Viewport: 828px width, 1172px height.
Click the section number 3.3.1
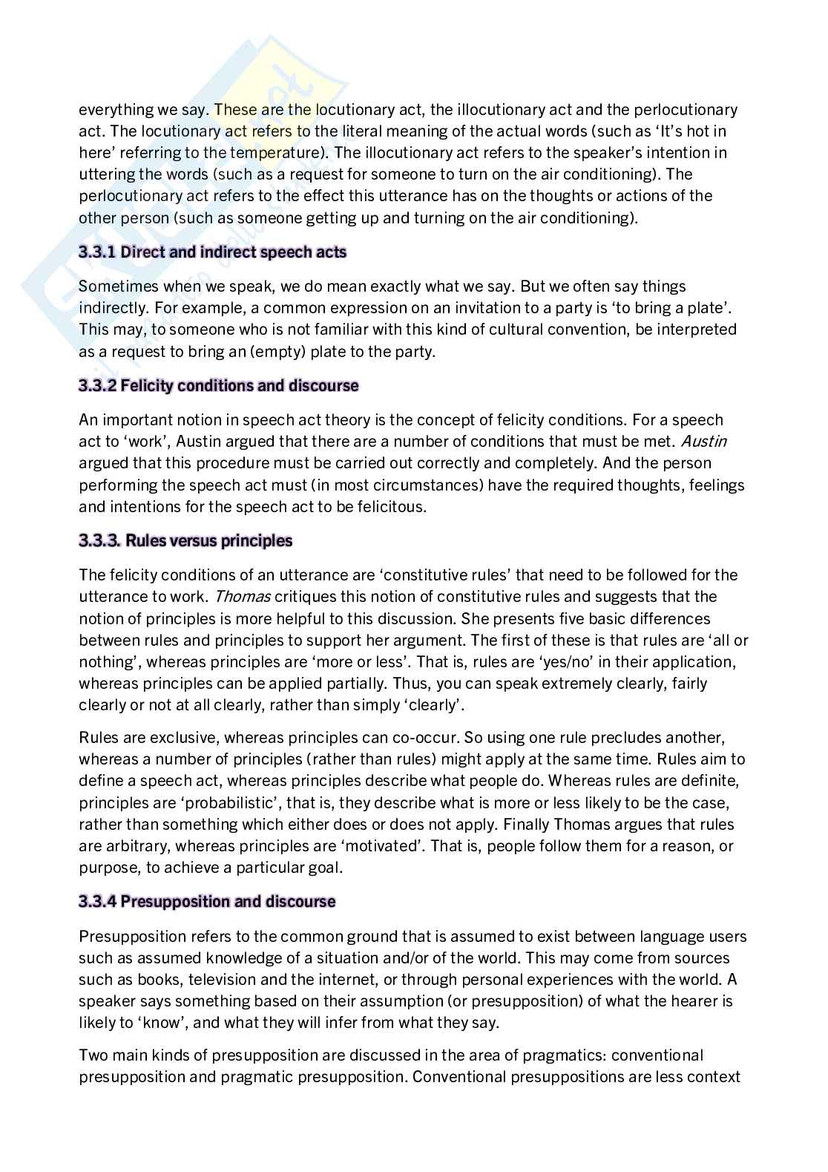click(x=97, y=252)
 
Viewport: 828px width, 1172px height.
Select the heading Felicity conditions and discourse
click(x=239, y=386)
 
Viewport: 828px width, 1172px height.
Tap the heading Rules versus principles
click(x=209, y=540)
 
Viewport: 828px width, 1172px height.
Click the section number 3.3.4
click(x=97, y=902)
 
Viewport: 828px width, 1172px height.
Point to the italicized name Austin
click(x=704, y=442)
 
